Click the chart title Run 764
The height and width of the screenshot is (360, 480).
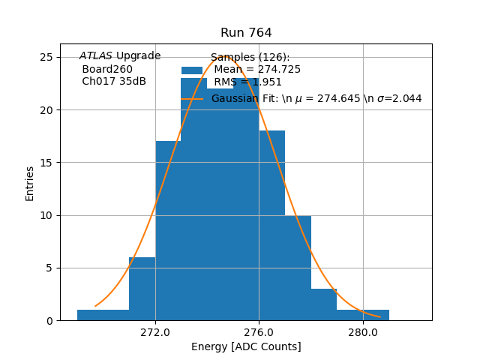click(246, 33)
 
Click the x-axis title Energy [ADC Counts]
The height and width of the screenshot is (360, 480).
click(246, 346)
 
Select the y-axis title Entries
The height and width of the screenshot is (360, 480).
click(30, 183)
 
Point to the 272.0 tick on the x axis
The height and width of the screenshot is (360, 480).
click(155, 331)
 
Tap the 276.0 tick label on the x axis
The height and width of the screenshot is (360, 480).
click(259, 331)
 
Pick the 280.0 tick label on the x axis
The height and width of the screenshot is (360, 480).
click(363, 331)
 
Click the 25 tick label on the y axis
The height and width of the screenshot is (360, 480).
click(46, 58)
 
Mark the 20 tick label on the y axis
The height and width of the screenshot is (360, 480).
click(46, 110)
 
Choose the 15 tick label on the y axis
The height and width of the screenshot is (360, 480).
click(46, 163)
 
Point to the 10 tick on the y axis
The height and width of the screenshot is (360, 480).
click(46, 215)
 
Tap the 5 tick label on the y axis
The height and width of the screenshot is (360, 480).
click(49, 268)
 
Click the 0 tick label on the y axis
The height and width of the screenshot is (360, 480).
click(49, 321)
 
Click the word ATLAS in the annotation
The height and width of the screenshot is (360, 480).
click(96, 56)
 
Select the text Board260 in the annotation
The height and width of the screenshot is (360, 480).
click(107, 69)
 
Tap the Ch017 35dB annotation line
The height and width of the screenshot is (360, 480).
click(114, 82)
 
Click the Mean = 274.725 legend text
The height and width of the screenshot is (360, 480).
click(257, 70)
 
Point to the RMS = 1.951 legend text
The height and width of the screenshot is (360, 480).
click(248, 82)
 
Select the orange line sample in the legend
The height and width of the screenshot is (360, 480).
click(192, 98)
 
